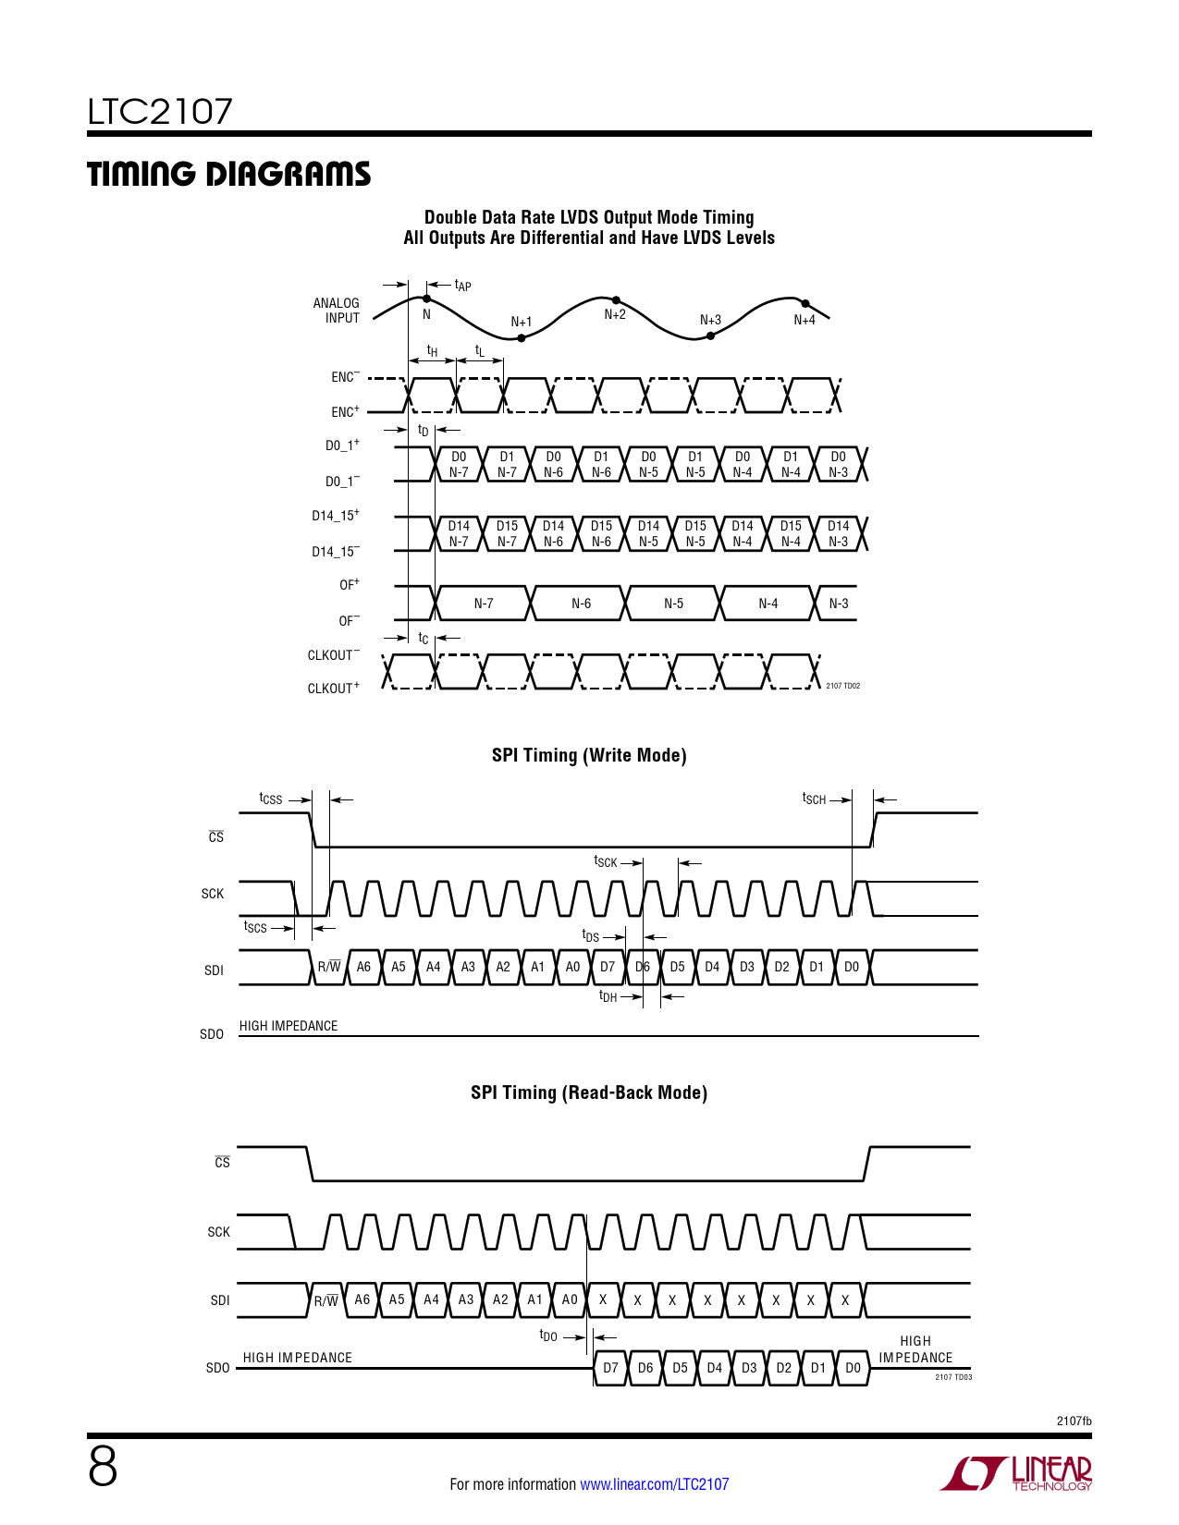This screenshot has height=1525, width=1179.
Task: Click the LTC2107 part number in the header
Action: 160,113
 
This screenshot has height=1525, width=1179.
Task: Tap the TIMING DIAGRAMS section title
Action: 228,175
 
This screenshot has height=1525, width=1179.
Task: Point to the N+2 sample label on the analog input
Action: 615,315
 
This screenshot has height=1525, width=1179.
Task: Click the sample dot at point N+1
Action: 522,338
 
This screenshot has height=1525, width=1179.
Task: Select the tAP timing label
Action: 462,286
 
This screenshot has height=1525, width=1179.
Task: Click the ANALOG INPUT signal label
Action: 337,311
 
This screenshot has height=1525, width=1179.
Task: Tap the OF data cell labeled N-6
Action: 581,604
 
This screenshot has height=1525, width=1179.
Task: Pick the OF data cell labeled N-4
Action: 768,604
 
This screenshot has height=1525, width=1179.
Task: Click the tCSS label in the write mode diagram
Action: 271,799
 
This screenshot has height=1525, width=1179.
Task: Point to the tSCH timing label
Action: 814,799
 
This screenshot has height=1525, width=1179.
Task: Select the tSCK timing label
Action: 606,862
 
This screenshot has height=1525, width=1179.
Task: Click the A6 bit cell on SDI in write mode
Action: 363,967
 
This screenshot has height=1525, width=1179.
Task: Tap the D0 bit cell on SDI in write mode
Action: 852,967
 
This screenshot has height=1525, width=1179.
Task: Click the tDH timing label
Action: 608,996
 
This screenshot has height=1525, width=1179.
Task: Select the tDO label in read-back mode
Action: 548,1336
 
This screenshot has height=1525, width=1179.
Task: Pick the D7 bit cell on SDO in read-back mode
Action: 610,1368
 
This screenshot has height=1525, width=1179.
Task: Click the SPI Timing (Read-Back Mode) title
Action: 589,1092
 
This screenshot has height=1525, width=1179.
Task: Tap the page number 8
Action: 103,1467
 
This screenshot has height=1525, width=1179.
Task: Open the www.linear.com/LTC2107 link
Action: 654,1484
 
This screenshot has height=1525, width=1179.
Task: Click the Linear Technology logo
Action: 1016,1473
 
